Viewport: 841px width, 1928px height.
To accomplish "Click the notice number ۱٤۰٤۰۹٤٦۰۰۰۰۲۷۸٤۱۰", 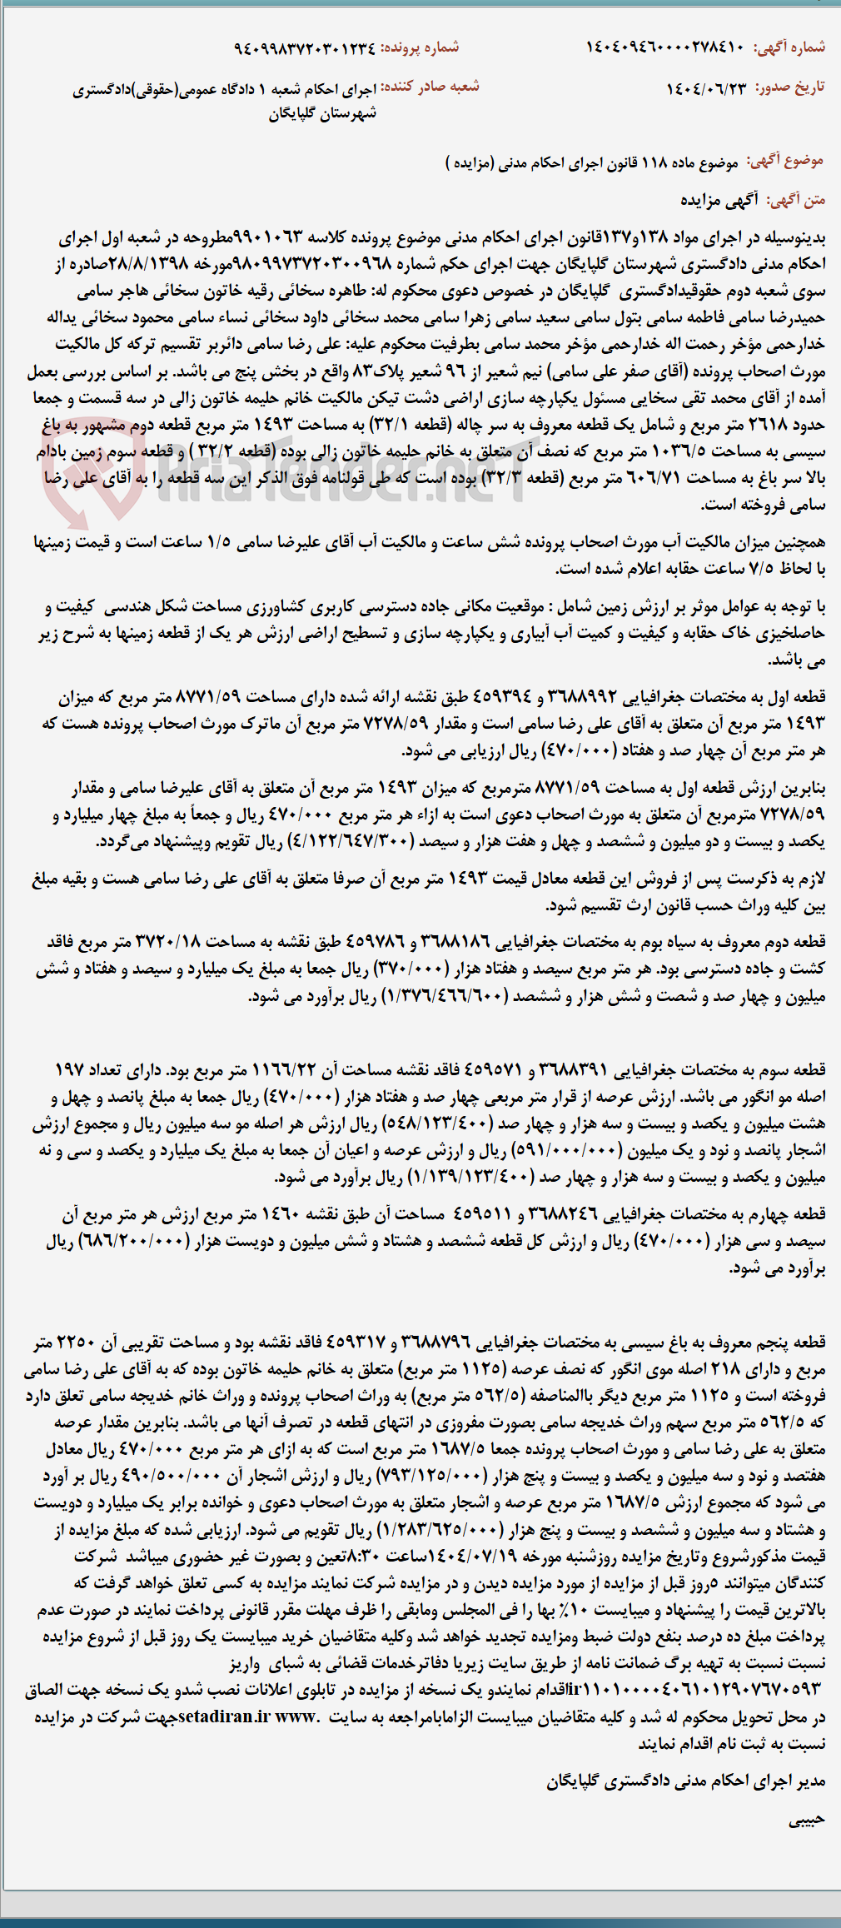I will (x=664, y=47).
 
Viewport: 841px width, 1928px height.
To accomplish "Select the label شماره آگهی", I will (x=789, y=47).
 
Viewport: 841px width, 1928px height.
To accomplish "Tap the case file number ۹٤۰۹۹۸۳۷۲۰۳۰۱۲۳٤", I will (x=304, y=47).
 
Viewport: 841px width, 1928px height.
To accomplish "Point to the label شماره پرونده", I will (x=420, y=47).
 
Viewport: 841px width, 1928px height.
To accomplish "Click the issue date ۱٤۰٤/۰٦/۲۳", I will (x=707, y=87).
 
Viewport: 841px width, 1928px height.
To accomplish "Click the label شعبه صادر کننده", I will (x=430, y=87).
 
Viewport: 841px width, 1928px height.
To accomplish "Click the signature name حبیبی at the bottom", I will (x=806, y=1820).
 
